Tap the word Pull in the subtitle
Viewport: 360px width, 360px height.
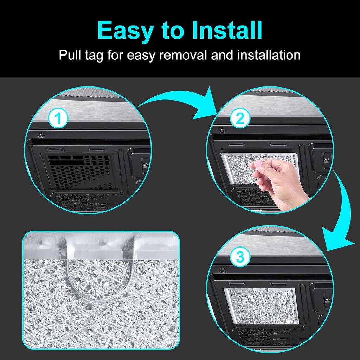pyautogui.click(x=70, y=55)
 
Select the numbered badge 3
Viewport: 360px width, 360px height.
pyautogui.click(x=240, y=257)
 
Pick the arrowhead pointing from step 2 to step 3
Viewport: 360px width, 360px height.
pyautogui.click(x=336, y=243)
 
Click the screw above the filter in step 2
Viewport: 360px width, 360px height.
pyautogui.click(x=221, y=130)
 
